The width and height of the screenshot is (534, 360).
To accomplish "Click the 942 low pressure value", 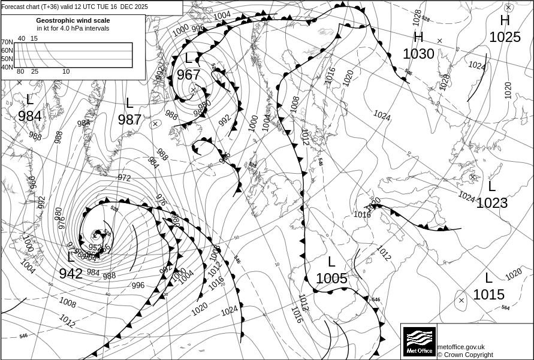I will (71, 274).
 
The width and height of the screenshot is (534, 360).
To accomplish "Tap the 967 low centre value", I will (188, 75).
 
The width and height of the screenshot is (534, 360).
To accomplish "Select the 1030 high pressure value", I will (418, 54).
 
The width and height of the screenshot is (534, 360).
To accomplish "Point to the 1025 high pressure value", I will (505, 37).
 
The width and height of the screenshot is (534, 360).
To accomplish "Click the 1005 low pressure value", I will (331, 278).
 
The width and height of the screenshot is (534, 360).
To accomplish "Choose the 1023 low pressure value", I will (491, 203).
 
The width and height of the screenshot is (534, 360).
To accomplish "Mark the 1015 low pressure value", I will (488, 295).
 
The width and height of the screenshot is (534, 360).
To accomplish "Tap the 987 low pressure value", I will (129, 119).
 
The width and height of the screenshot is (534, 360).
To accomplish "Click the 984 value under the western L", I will (29, 116).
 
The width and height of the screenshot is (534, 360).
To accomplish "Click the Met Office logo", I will (419, 341).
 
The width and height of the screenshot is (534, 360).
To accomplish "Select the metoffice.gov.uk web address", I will (460, 347).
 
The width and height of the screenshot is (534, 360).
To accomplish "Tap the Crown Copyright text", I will (465, 355).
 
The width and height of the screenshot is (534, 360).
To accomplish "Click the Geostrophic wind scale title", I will (73, 20).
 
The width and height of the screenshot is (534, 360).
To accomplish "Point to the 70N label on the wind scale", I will (7, 43).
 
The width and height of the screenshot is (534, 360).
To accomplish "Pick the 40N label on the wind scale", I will (7, 67).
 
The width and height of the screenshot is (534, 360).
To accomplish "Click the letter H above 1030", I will (418, 37).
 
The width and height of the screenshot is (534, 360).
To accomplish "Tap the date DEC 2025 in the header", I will (134, 7).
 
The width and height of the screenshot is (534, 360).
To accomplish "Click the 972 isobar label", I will (124, 178).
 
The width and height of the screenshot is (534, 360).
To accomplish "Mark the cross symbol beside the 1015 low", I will (460, 301).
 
